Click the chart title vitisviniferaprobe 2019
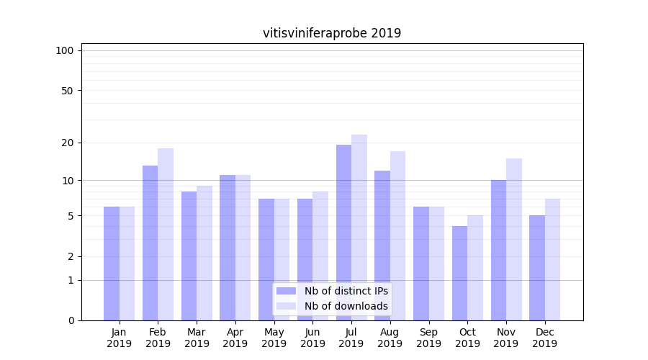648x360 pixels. click(x=332, y=33)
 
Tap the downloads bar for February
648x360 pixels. click(x=166, y=234)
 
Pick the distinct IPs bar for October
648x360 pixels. click(x=459, y=273)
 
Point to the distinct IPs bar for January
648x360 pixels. click(x=112, y=264)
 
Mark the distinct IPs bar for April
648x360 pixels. click(x=228, y=248)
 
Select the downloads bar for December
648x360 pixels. click(x=552, y=259)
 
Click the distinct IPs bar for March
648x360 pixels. click(x=189, y=256)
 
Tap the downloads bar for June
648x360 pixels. click(x=320, y=256)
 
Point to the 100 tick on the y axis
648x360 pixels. click(x=65, y=50)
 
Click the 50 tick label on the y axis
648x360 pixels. click(x=68, y=91)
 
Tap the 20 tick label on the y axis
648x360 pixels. click(x=68, y=143)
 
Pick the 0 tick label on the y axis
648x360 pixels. click(x=71, y=320)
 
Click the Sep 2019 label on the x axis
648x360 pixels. click(x=428, y=338)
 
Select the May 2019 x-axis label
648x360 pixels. click(x=274, y=338)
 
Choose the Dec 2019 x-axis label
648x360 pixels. click(x=544, y=338)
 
